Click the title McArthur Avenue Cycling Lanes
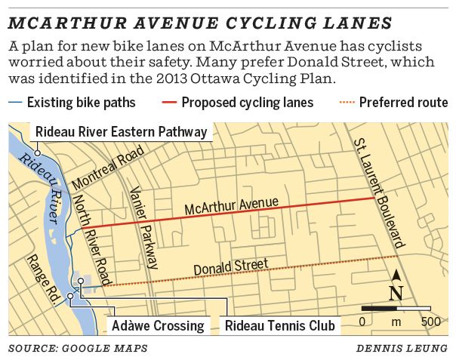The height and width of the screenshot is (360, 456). point(200,22)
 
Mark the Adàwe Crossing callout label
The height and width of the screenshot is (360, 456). point(158,326)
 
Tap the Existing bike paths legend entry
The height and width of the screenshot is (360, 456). point(72,102)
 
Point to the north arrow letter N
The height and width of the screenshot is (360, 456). point(396,293)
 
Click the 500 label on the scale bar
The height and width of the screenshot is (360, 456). point(431,322)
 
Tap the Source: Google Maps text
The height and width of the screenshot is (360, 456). point(78,348)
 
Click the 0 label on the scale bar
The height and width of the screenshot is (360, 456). point(362,322)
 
